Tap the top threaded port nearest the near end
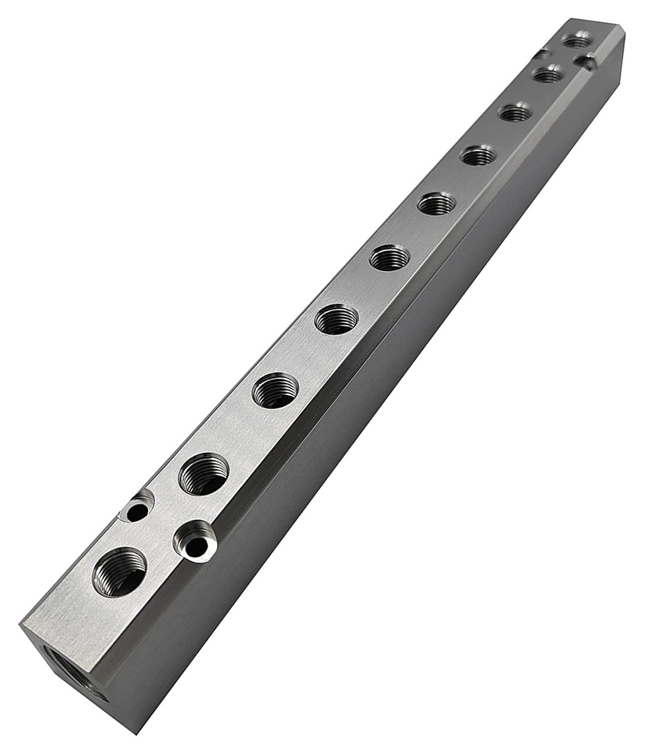coord(120,571)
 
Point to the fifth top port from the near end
coord(390,258)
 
